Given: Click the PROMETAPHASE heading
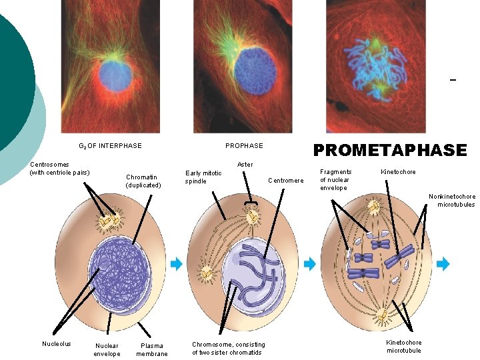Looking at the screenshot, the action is click(390, 151).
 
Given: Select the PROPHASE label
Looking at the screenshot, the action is click(244, 145).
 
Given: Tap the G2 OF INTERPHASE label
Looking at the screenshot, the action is click(110, 145).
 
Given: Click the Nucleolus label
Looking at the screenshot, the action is click(57, 344).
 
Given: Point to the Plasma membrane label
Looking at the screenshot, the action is click(152, 349).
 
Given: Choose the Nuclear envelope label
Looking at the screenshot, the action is click(107, 349).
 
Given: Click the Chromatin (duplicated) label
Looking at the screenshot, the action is click(143, 181).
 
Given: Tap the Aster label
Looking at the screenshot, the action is click(245, 164).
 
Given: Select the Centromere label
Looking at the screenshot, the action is click(285, 180).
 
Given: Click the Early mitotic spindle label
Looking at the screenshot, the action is click(203, 177).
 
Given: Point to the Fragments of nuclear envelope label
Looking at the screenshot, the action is click(335, 179).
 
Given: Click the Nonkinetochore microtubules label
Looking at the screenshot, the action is click(452, 200).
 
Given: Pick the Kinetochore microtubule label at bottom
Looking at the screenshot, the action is click(404, 346).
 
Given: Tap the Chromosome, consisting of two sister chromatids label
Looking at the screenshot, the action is click(228, 348).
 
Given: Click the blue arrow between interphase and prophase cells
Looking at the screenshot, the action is click(176, 264).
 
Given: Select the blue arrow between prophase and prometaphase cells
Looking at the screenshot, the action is click(309, 264).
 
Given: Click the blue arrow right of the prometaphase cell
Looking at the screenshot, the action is click(443, 264).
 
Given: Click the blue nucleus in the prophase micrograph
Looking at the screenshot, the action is click(255, 70).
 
